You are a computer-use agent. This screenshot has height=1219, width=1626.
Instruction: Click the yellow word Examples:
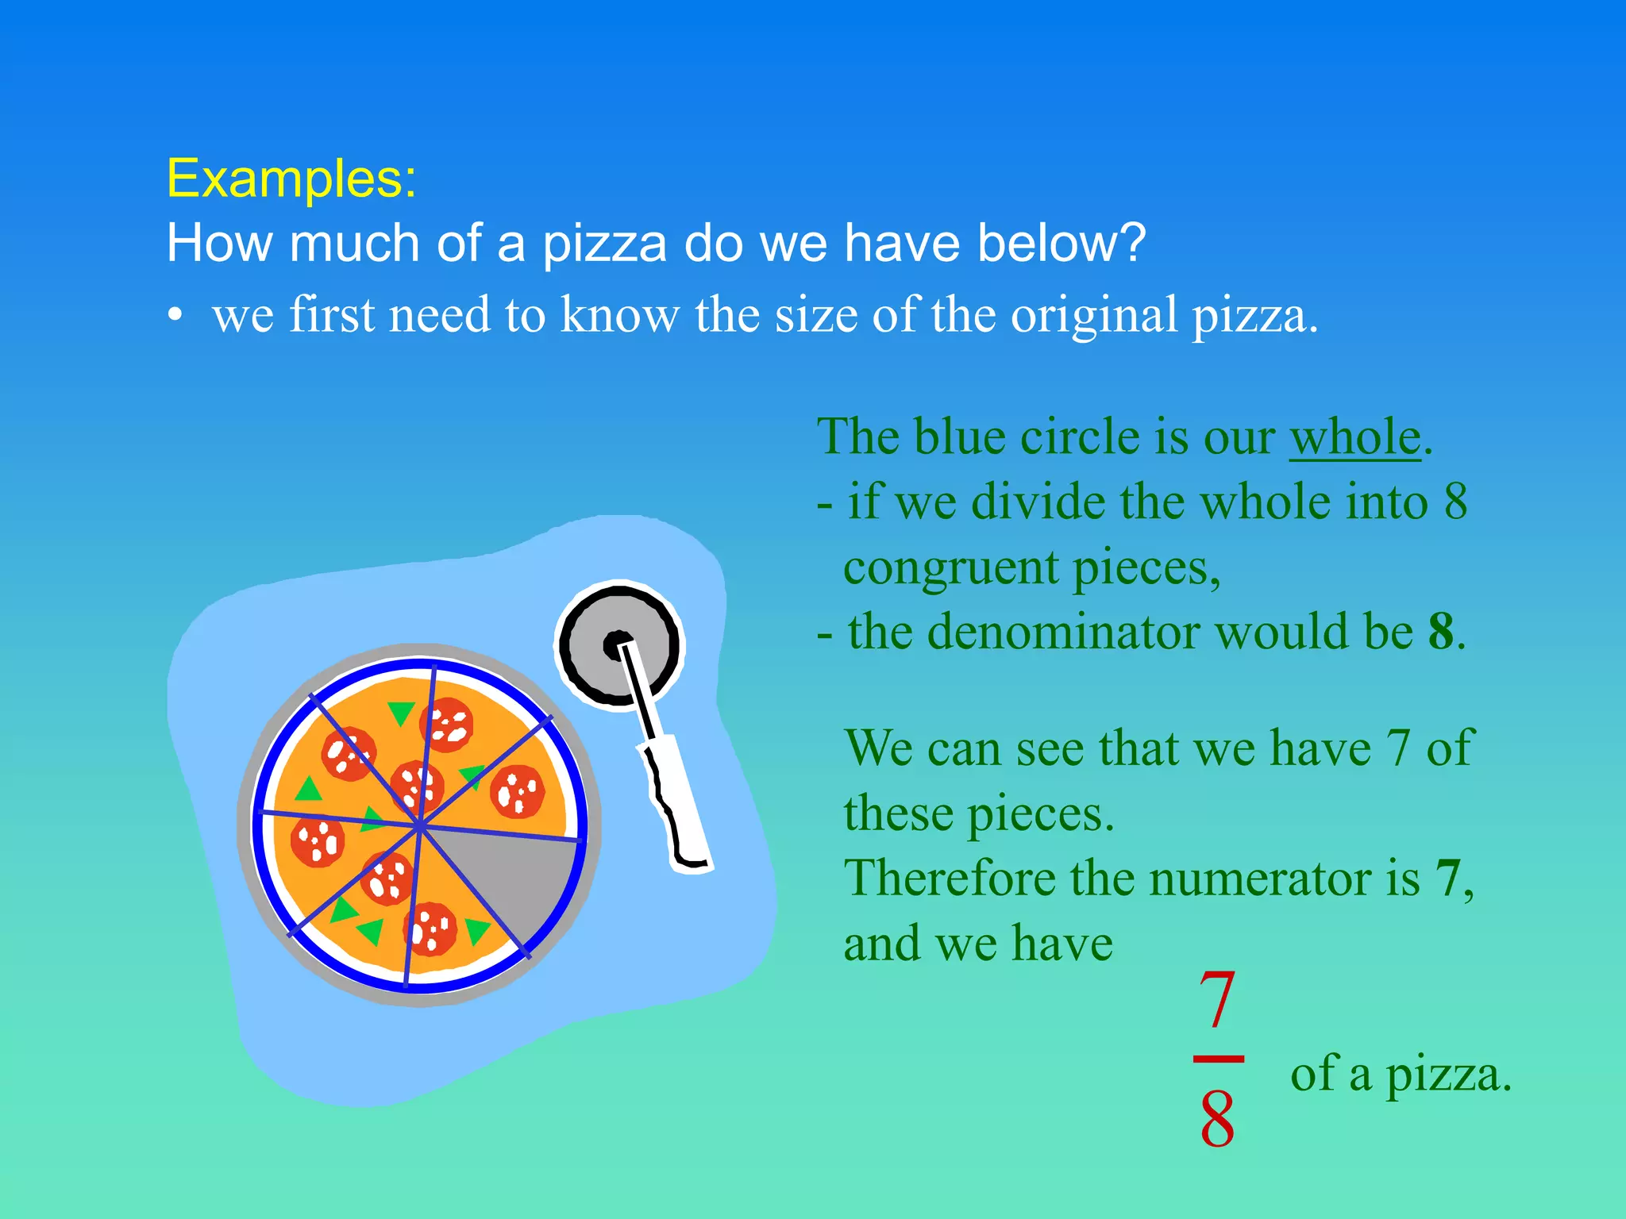pos(291,179)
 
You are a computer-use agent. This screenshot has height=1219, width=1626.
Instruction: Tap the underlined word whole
pos(1354,437)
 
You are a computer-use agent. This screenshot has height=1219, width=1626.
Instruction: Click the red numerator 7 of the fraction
pos(1217,1000)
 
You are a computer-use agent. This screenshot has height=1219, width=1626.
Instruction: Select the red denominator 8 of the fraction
pos(1217,1119)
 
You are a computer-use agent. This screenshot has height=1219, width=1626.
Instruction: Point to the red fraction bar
pos(1218,1059)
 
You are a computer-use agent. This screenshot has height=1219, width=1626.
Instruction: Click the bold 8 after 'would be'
pos(1440,633)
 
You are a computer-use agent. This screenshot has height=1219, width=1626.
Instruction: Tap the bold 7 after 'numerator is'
pos(1447,879)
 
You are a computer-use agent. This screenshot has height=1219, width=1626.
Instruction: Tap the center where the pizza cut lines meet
pos(419,827)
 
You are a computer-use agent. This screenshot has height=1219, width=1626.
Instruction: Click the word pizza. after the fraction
pos(1448,1075)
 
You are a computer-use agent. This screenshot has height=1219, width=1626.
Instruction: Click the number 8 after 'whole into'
pos(1455,502)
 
